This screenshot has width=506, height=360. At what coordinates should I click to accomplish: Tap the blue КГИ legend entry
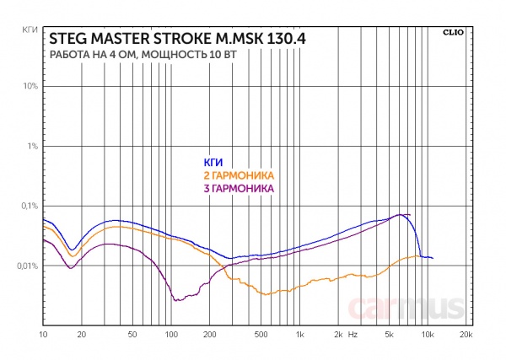(x=213, y=163)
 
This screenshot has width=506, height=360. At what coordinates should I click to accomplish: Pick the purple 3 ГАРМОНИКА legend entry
(x=240, y=190)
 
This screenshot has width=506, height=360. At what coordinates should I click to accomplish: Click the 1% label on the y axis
(x=31, y=147)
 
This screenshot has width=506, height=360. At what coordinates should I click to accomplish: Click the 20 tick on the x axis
(x=82, y=335)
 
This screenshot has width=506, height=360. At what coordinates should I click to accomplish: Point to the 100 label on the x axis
(x=171, y=335)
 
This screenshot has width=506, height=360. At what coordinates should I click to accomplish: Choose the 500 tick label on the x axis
(x=261, y=335)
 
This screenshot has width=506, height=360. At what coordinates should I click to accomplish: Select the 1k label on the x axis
(x=299, y=335)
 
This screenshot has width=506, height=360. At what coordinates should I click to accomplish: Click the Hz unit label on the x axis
(x=353, y=335)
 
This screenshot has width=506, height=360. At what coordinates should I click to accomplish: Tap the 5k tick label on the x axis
(x=390, y=335)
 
